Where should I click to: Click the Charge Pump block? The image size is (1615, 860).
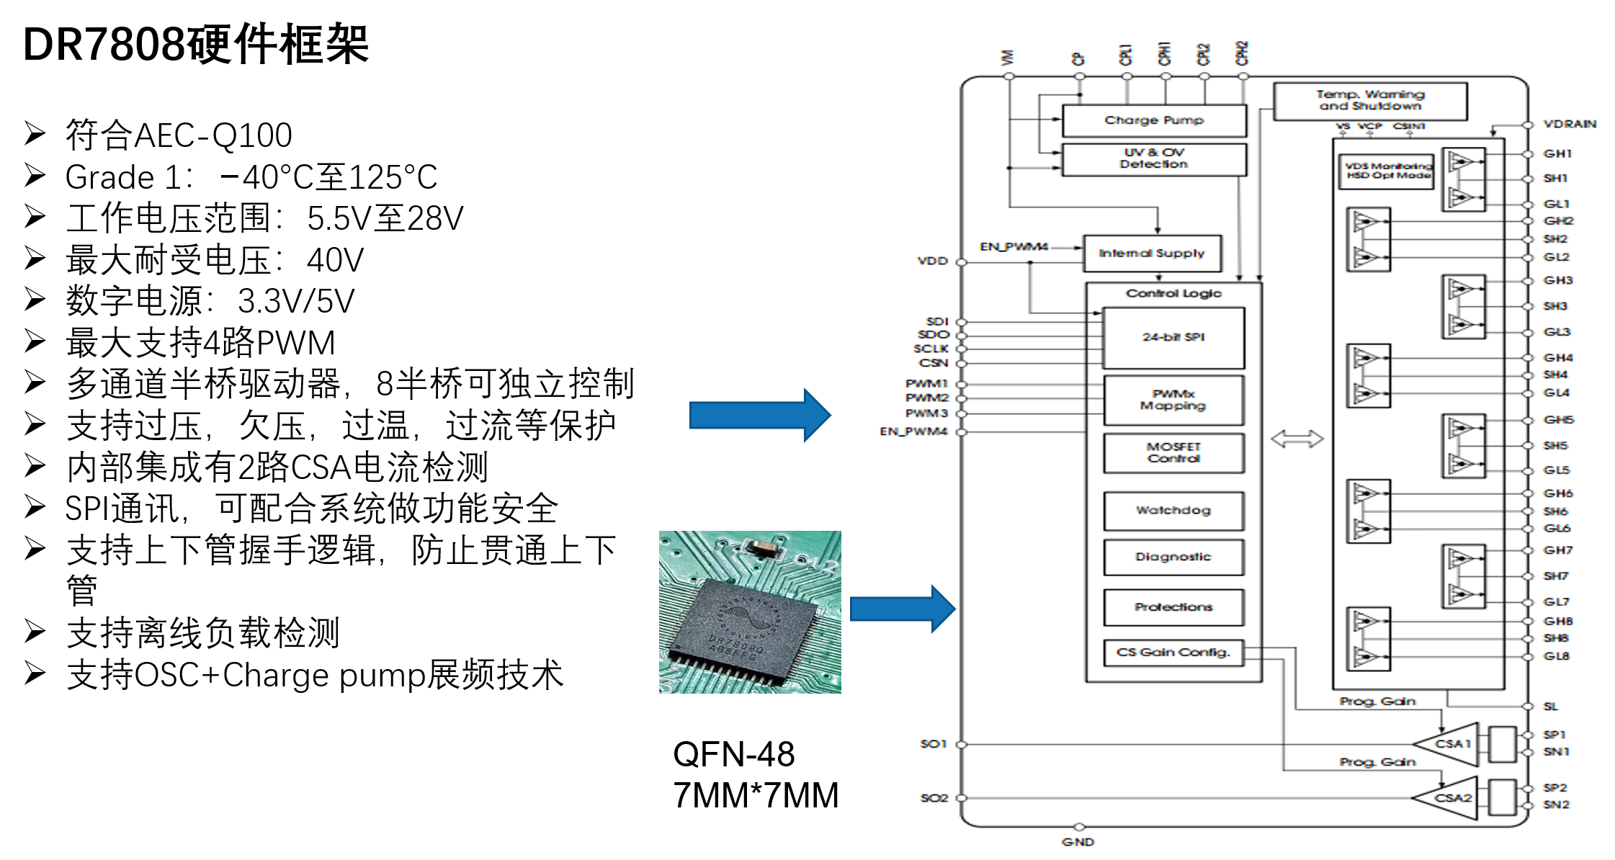[1153, 120]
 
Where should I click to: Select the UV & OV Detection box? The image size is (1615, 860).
[1153, 158]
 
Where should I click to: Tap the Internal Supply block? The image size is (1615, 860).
[1151, 253]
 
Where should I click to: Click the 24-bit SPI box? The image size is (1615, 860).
[1173, 337]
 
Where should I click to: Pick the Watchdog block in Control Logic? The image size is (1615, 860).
[1173, 510]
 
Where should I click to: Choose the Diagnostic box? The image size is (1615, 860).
[1173, 557]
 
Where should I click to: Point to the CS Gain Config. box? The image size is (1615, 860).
[1173, 652]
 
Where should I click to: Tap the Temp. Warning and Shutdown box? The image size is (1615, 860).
[1369, 100]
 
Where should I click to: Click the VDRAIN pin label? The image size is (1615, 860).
[1570, 124]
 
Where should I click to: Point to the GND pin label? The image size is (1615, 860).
[1078, 842]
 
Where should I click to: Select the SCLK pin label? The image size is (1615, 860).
[931, 349]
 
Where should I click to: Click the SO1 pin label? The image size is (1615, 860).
[933, 743]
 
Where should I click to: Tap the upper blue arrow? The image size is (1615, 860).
[759, 415]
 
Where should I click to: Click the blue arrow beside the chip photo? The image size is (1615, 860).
[902, 609]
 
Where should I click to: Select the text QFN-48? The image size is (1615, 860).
[733, 754]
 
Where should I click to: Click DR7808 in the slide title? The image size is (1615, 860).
[104, 45]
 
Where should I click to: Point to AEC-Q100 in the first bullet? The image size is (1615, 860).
[212, 135]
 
